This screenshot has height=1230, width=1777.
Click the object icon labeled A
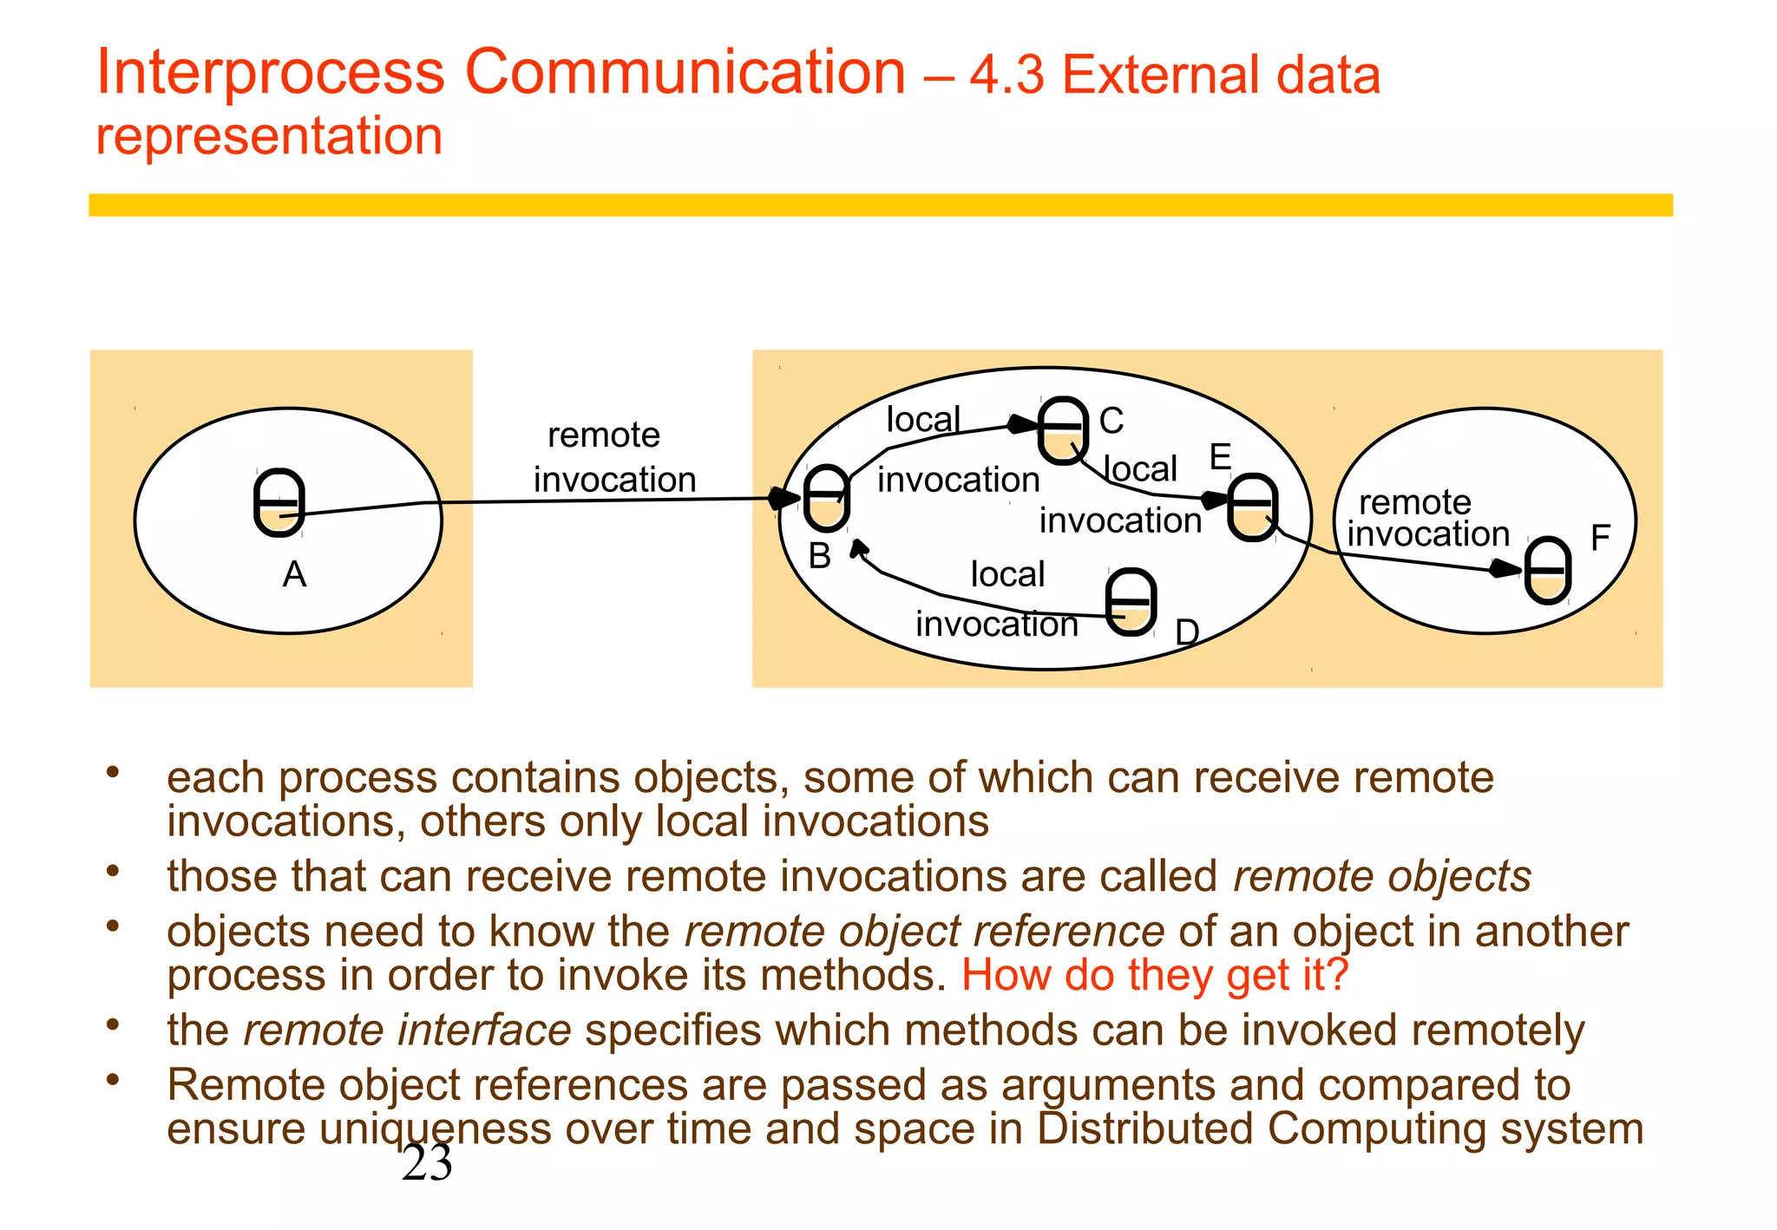[x=279, y=503]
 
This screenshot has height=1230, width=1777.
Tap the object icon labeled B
[x=825, y=498]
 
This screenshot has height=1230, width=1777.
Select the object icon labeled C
[x=1063, y=430]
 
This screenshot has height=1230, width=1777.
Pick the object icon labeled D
[x=1131, y=602]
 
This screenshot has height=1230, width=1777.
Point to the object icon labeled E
[x=1252, y=507]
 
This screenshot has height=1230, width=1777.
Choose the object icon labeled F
[x=1548, y=571]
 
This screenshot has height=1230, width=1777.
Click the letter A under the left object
[x=294, y=575]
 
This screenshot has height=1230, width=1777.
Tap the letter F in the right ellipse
[x=1600, y=539]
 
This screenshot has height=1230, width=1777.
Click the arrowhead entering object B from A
[x=784, y=498]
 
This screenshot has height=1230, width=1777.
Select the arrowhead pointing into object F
[x=1505, y=569]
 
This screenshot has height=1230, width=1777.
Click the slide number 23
[x=427, y=1163]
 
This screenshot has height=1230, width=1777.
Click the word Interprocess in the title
[x=270, y=73]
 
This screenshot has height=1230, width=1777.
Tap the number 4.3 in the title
[x=1007, y=75]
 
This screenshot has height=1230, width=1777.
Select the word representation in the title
[x=269, y=137]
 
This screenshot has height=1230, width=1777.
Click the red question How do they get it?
[x=1154, y=975]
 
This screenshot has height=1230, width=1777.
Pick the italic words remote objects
[x=1381, y=876]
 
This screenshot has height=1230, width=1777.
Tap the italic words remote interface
[x=407, y=1030]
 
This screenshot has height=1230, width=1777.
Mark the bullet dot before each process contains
[x=112, y=772]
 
